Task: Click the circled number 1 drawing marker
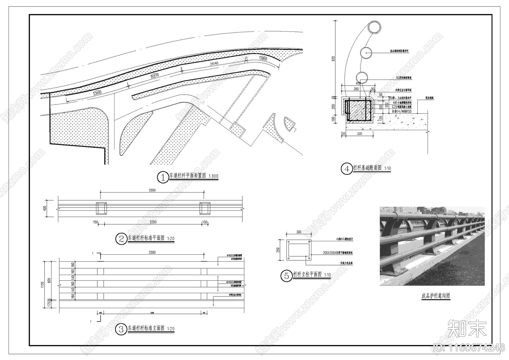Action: pos(163,177)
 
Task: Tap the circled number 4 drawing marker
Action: pos(346,169)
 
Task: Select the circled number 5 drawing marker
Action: pos(286,276)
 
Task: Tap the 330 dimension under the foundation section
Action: pos(359,134)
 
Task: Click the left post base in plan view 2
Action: pos(101,208)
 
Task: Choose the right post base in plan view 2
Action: pos(205,208)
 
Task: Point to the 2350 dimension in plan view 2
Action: pos(153,222)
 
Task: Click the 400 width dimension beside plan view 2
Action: pos(45,208)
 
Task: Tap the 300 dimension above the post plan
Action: pos(299,232)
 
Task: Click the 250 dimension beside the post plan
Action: pos(278,250)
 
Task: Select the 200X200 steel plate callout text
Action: pos(338,253)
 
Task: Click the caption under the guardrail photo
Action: pos(436,296)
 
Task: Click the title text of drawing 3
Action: pos(146,328)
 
